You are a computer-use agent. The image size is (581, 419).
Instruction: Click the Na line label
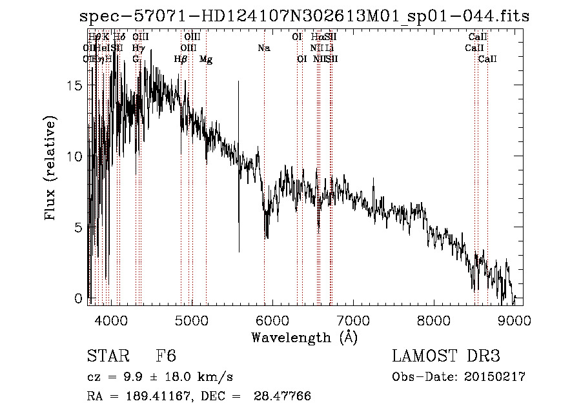point(263,48)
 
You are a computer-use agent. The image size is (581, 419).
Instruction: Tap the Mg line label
point(206,59)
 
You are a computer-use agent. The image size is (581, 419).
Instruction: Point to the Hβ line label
point(181,59)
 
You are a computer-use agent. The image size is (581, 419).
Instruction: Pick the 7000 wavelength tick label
point(352,320)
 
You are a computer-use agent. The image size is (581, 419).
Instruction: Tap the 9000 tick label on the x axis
point(515,320)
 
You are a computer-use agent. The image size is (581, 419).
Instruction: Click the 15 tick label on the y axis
point(76,86)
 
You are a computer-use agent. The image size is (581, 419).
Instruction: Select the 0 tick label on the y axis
point(79,299)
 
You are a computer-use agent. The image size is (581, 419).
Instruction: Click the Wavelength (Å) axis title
point(304,337)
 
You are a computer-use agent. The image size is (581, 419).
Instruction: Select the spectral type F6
point(166,357)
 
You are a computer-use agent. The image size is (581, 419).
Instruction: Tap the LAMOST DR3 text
point(445,357)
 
